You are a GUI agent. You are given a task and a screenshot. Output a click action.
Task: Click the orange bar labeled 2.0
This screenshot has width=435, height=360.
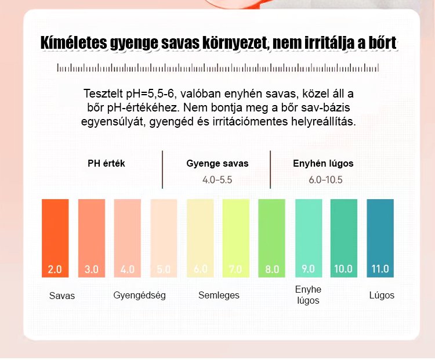[55, 238]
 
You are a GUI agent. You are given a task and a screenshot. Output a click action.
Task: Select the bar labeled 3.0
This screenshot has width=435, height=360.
[92, 238]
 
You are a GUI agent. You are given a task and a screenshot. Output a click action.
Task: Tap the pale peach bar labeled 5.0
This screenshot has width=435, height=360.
[164, 238]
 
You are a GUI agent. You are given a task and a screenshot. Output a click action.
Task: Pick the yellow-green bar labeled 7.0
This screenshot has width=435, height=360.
[235, 238]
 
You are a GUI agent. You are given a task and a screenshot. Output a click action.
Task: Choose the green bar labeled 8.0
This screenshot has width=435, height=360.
[272, 238]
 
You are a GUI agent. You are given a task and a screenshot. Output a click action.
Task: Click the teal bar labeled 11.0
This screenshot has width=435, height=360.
[380, 238]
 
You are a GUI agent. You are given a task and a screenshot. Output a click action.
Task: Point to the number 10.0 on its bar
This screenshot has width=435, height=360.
[343, 269]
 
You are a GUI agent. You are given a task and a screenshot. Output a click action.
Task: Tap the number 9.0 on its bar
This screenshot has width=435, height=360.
[308, 269]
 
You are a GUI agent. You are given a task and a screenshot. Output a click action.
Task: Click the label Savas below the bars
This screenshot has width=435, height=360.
[62, 296]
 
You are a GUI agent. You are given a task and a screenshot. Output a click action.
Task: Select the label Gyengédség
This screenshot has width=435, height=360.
[139, 295]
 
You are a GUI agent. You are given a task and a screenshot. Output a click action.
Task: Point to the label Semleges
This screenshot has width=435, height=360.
[219, 295]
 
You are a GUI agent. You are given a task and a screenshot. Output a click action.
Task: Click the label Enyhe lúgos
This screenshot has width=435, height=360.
[308, 294]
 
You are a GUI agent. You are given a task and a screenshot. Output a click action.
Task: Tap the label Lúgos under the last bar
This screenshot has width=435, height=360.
[382, 295]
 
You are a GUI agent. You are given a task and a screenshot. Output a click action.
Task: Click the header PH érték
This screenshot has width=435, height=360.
[106, 163]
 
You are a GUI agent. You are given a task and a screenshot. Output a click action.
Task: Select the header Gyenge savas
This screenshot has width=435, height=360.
[217, 163]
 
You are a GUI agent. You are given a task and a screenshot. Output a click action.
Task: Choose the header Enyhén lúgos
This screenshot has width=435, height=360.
[323, 163]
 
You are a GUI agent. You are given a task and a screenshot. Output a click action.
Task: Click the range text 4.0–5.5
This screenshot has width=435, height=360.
[217, 179]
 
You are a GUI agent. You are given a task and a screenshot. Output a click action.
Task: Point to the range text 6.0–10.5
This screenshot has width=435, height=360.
[325, 179]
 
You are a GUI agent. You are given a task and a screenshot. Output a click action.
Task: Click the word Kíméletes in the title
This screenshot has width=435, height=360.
[77, 44]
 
